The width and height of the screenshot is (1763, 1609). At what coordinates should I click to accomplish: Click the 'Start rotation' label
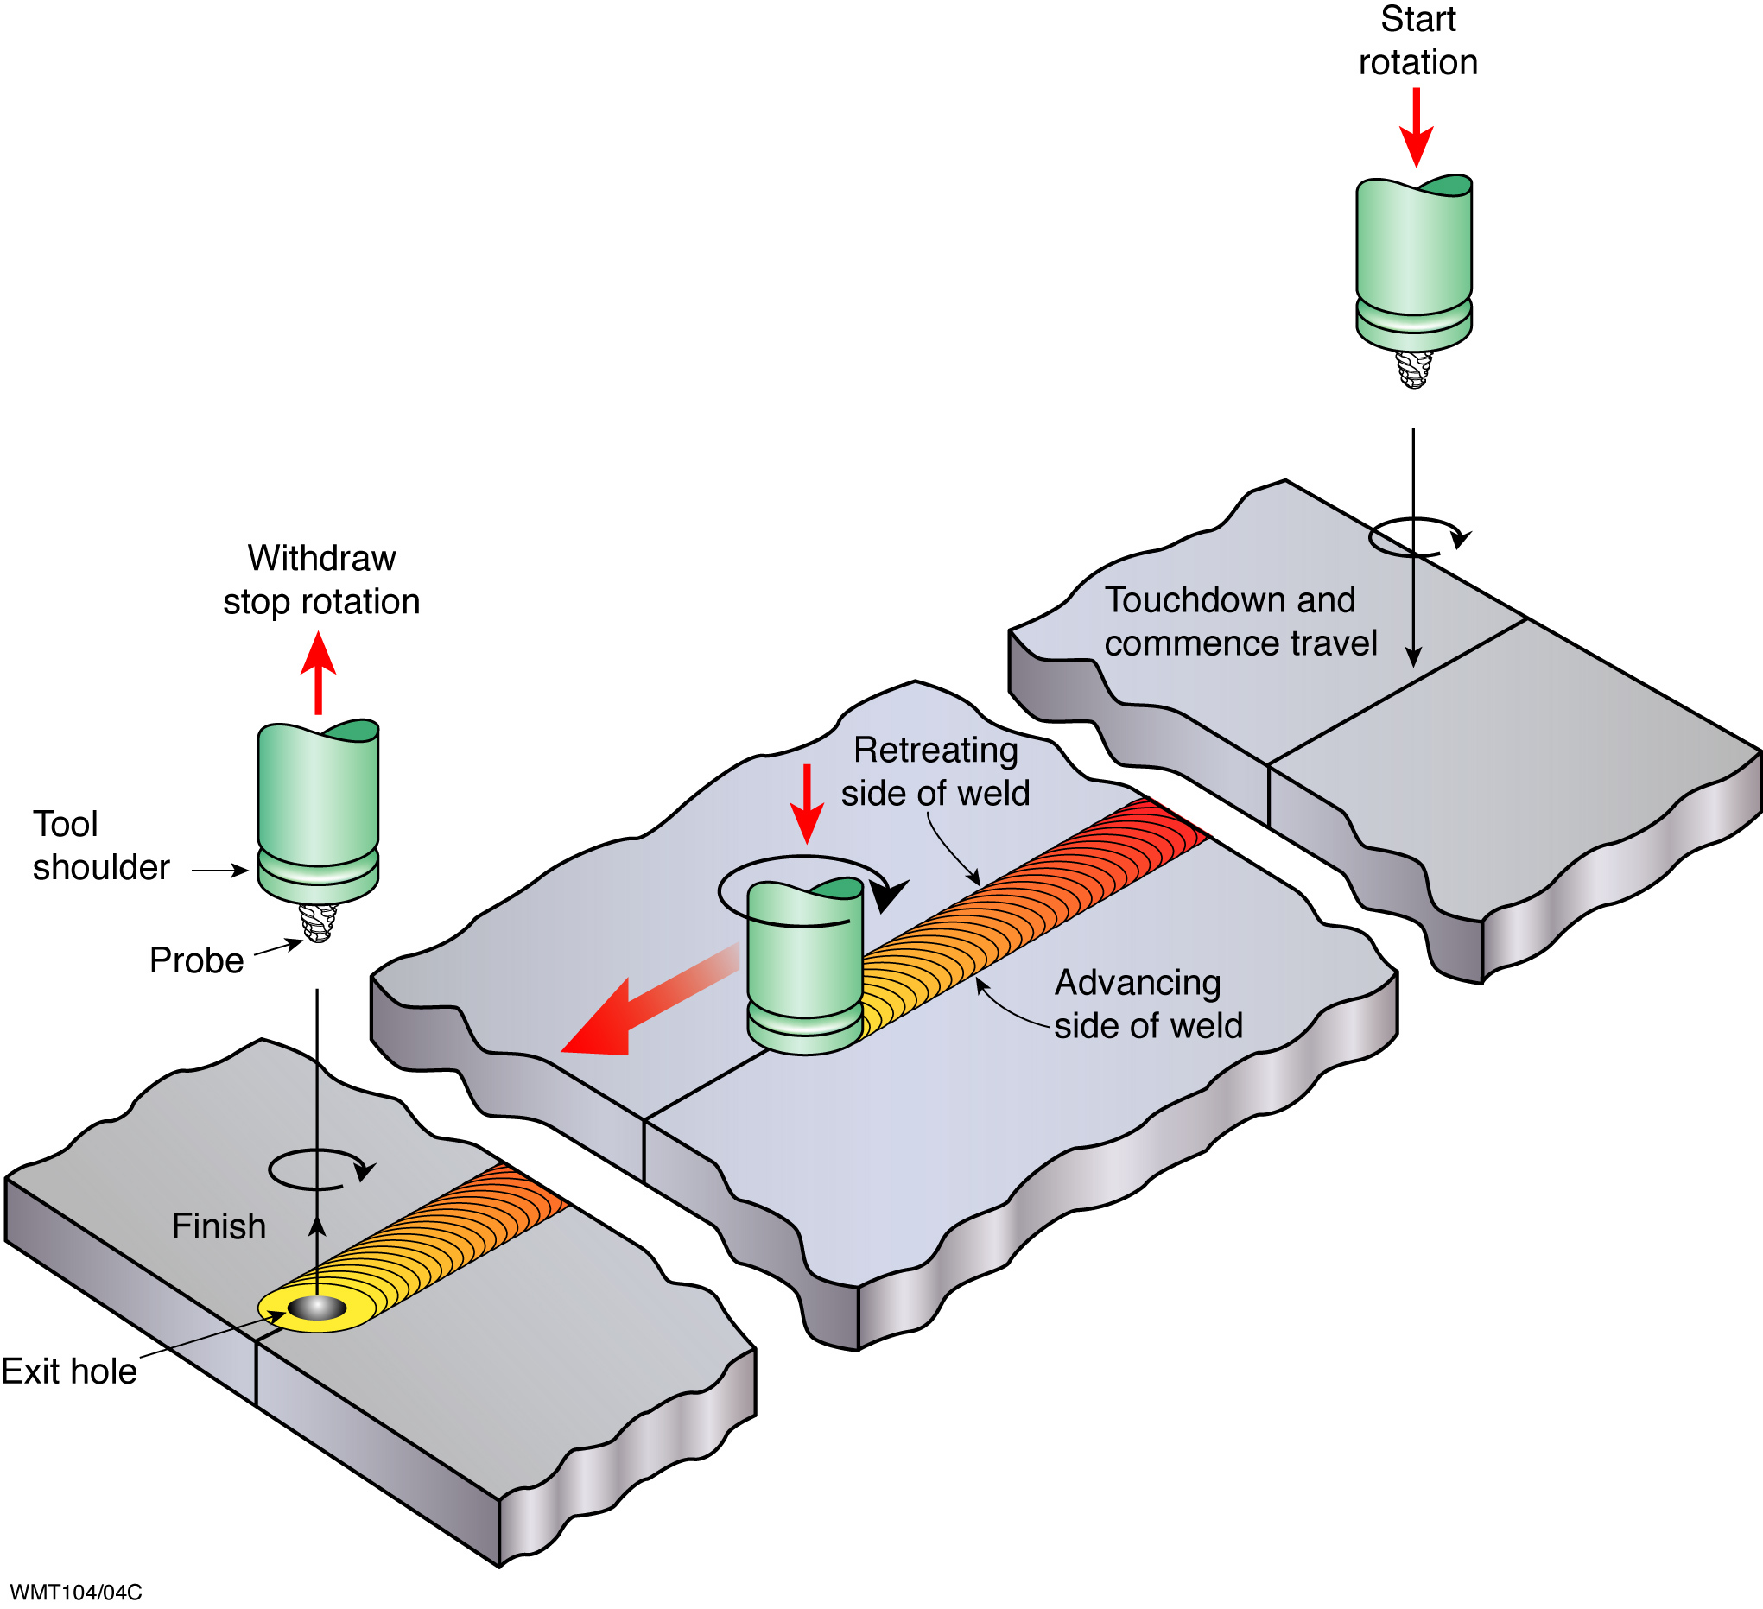(x=1417, y=41)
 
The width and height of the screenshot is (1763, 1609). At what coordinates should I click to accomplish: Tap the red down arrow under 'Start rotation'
(x=1417, y=128)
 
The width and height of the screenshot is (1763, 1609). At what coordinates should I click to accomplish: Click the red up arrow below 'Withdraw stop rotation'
(x=319, y=674)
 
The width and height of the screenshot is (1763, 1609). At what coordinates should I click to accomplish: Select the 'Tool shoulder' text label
(x=100, y=846)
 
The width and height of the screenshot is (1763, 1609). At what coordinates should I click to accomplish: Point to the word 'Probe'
(x=197, y=960)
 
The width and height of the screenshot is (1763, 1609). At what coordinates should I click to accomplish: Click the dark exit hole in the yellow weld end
(x=318, y=1308)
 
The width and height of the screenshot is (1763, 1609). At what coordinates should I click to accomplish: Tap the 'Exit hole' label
(x=69, y=1371)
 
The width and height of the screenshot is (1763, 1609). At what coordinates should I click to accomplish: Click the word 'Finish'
(x=219, y=1226)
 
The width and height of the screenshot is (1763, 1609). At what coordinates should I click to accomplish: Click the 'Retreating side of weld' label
(x=935, y=771)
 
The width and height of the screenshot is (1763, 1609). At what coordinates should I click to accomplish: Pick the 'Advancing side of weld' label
(x=1148, y=1004)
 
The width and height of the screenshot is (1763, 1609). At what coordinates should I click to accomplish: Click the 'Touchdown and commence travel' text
(x=1241, y=622)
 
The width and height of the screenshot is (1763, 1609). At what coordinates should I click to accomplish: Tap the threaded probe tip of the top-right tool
(x=1414, y=369)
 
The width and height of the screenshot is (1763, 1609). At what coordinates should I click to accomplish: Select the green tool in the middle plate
(x=804, y=967)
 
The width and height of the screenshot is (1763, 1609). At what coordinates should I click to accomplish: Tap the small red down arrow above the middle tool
(x=806, y=803)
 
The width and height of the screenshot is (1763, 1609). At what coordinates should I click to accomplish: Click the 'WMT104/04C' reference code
(x=75, y=1593)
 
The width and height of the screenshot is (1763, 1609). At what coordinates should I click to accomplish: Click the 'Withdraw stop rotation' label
(x=322, y=580)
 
